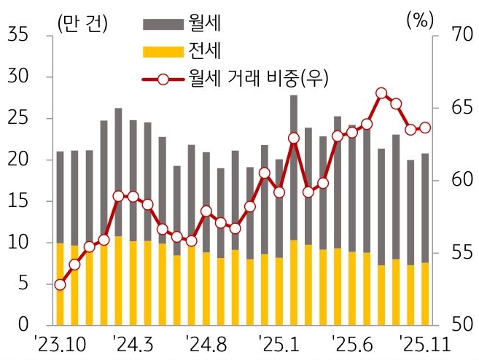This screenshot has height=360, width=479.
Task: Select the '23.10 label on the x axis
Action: click(61, 343)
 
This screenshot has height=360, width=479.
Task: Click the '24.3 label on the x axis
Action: click(134, 343)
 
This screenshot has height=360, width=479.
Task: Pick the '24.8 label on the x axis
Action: click(207, 343)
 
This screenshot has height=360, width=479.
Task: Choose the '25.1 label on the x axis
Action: click(279, 343)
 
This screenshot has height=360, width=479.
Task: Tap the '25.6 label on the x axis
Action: click(352, 343)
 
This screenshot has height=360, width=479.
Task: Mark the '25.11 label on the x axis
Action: click(427, 343)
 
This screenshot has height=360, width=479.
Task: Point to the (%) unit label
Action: click(418, 20)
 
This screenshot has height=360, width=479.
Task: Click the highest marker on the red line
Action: click(381, 93)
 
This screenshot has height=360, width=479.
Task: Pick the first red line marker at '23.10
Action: click(61, 284)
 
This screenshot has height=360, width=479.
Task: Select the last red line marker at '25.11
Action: click(425, 128)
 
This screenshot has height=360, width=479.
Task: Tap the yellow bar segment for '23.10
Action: click(61, 283)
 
